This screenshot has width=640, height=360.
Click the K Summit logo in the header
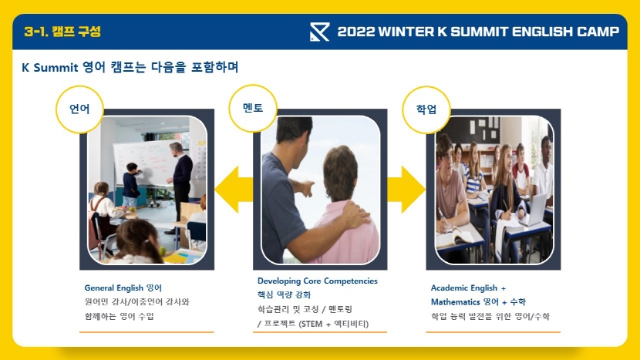pyautogui.click(x=319, y=32)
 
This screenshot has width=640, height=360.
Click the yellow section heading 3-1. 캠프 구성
pyautogui.click(x=62, y=32)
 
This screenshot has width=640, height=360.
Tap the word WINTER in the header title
pyautogui.click(x=406, y=32)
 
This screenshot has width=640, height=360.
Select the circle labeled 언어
pyautogui.click(x=79, y=109)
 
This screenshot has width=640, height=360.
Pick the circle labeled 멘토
pyautogui.click(x=253, y=108)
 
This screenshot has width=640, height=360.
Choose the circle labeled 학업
pyautogui.click(x=426, y=109)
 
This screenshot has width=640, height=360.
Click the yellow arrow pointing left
pyautogui.click(x=234, y=190)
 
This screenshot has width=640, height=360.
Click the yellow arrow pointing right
pyautogui.click(x=406, y=190)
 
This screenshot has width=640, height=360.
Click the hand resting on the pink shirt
pyautogui.click(x=354, y=214)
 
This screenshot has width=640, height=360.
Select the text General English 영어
pyautogui.click(x=123, y=288)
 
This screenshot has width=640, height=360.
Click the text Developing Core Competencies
pyautogui.click(x=318, y=281)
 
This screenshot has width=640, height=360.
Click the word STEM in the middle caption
pyautogui.click(x=312, y=324)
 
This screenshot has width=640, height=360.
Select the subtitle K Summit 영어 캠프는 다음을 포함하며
pyautogui.click(x=130, y=67)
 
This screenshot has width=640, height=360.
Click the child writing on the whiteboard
pyautogui.click(x=131, y=184)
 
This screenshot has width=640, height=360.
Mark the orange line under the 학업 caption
pyautogui.click(x=493, y=332)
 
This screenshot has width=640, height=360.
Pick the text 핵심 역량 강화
pyautogui.click(x=284, y=294)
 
